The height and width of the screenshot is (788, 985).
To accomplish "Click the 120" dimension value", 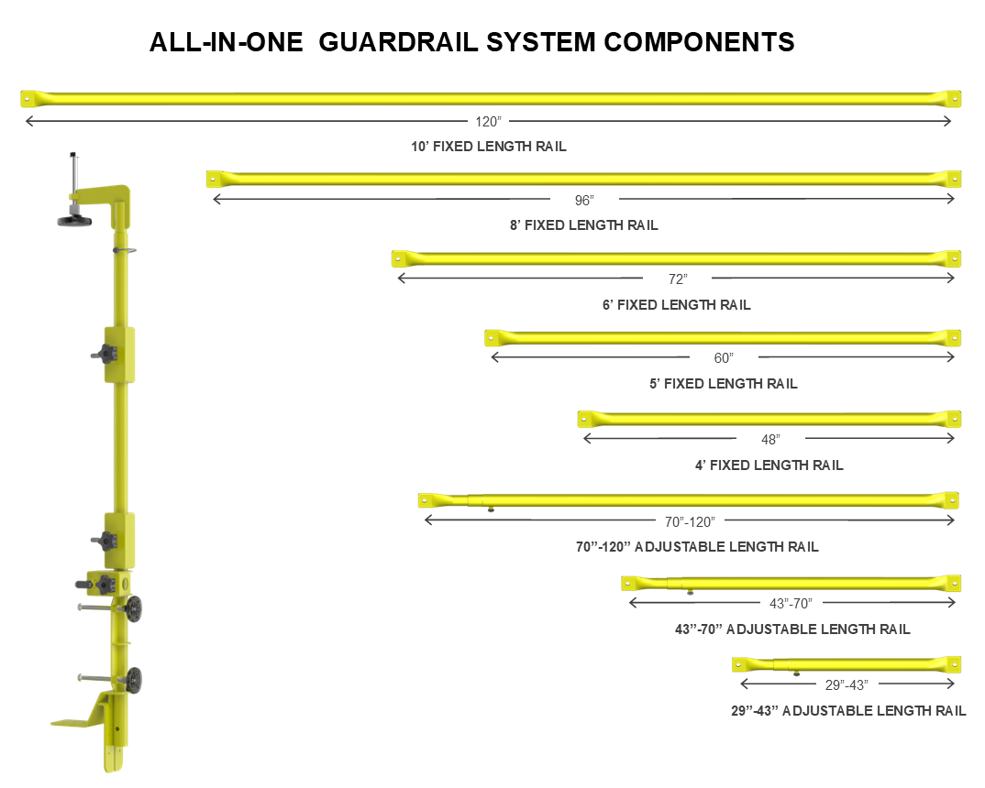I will (x=488, y=121).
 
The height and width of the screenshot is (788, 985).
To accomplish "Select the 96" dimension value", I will (x=584, y=200).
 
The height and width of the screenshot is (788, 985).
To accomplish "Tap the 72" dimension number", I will (x=677, y=279).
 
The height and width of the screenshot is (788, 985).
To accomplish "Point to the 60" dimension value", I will (x=724, y=358).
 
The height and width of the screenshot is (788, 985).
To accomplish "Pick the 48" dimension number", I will (x=770, y=439).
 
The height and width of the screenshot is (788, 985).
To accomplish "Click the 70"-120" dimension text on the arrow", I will (x=690, y=521).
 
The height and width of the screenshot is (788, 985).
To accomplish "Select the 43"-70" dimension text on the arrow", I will (x=790, y=603).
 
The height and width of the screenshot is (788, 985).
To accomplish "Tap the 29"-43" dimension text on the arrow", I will (x=846, y=684).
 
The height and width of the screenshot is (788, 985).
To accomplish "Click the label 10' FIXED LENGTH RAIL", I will (x=489, y=146).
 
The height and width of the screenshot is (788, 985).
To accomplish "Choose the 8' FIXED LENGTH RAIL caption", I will (x=584, y=225).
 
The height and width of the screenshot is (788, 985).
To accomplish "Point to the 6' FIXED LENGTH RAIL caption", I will (x=677, y=305).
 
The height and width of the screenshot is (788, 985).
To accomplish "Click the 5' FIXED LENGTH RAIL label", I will (x=724, y=384).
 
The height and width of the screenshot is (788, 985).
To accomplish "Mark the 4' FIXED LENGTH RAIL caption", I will (x=769, y=465).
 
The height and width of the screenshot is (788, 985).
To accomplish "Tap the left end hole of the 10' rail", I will (x=28, y=96).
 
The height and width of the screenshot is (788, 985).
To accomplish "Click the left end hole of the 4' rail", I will (x=583, y=418).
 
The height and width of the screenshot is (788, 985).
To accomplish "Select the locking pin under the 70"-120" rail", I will (x=492, y=510).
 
